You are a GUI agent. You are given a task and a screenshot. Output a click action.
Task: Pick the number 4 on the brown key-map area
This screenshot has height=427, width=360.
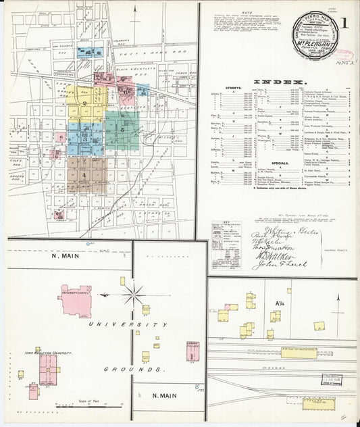85,174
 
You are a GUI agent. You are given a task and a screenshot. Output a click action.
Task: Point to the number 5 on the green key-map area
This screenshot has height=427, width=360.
122,129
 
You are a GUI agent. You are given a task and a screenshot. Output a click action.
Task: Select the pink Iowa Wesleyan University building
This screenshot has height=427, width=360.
47,368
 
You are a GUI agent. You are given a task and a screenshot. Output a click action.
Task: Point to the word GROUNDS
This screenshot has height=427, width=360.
134,370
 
